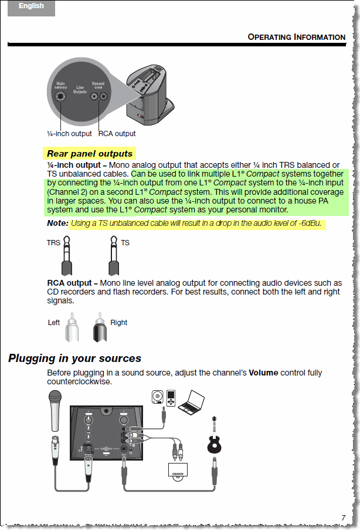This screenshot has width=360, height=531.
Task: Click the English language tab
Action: tap(31, 6)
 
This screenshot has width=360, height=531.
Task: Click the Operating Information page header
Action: tap(296, 37)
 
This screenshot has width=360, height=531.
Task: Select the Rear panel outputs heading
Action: tap(90, 154)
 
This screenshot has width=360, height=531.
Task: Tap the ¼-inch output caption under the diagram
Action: tap(69, 134)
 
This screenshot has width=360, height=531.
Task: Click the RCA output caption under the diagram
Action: tap(117, 134)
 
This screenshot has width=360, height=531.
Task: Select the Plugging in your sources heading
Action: tap(74, 358)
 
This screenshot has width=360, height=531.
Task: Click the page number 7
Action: tap(344, 518)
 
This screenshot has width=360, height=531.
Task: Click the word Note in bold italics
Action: tap(57, 224)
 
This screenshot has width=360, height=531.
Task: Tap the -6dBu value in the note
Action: tap(310, 224)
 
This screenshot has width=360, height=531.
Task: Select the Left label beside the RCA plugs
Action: tap(54, 323)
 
